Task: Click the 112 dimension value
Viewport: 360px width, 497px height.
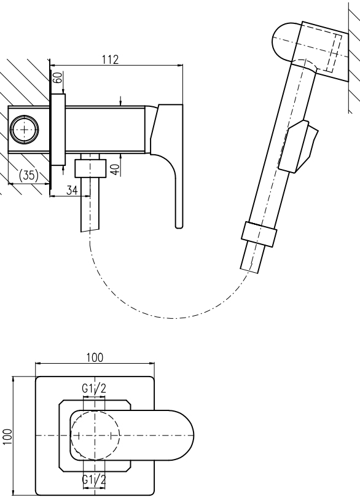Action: click(x=111, y=60)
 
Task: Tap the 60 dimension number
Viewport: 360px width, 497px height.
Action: click(x=57, y=77)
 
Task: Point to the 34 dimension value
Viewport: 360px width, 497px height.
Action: click(x=72, y=190)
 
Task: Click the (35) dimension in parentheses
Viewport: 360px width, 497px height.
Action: click(x=28, y=175)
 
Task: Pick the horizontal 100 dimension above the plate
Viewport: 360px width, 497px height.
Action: click(x=95, y=358)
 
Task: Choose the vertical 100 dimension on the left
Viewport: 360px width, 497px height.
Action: click(x=7, y=436)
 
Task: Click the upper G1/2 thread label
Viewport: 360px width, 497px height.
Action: click(x=94, y=388)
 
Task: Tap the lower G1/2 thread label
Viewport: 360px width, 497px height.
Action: click(x=94, y=480)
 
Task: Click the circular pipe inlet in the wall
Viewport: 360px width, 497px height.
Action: click(x=25, y=130)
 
